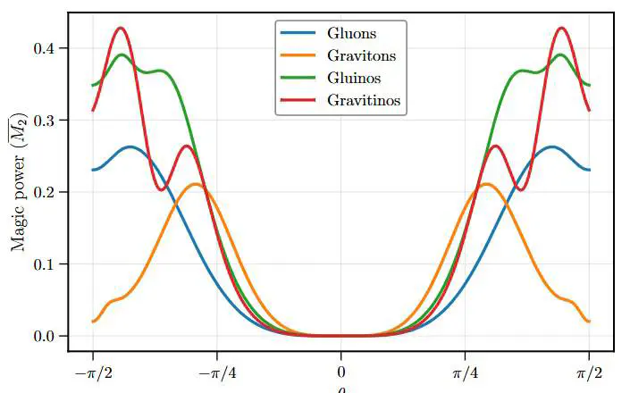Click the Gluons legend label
click(x=352, y=34)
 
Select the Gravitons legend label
click(x=362, y=56)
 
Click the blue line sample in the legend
click(x=299, y=34)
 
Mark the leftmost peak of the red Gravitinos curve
click(x=121, y=28)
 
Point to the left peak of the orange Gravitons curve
click(x=195, y=184)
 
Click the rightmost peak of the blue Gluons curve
click(x=551, y=146)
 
